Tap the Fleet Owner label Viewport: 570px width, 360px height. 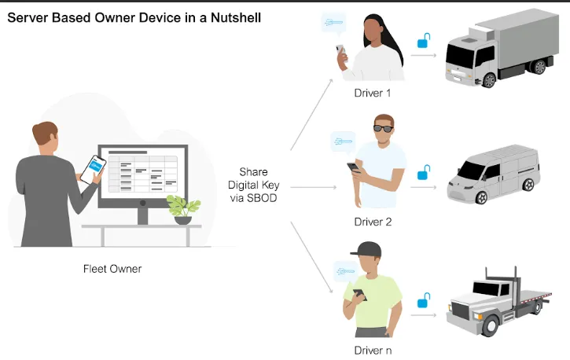[112, 269]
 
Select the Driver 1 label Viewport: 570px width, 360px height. [372, 94]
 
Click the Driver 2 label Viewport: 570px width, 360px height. [372, 222]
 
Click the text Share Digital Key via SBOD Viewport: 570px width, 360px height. [253, 185]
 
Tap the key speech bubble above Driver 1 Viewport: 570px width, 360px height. [333, 25]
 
